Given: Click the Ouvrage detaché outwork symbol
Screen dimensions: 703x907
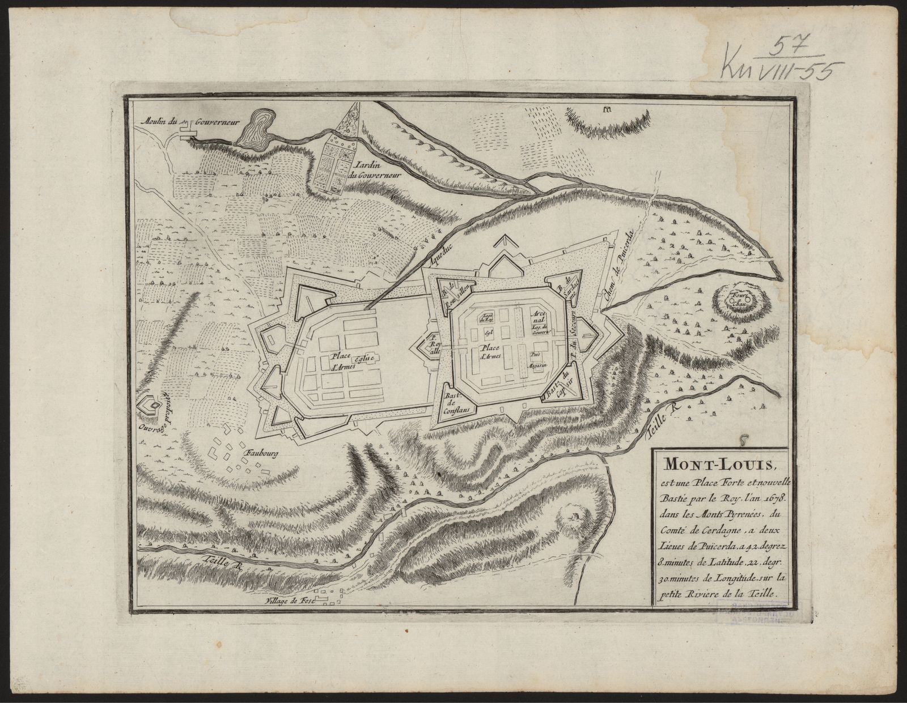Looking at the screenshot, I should (150, 406).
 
